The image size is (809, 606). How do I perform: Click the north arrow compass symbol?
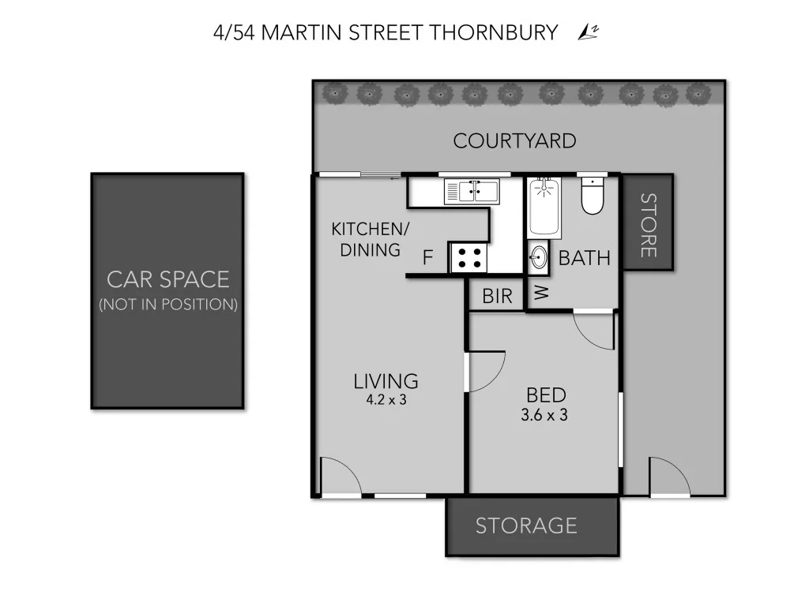(x=586, y=32)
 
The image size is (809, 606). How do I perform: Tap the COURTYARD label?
(x=514, y=141)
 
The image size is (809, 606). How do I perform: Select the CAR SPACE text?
(x=167, y=279)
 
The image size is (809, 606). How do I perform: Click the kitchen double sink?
(x=471, y=191)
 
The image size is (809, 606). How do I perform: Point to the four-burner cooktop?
(x=469, y=257)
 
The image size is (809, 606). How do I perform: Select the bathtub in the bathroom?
(x=544, y=208)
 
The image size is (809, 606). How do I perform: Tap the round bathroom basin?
(x=539, y=258)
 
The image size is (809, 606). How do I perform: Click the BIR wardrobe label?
(x=497, y=297)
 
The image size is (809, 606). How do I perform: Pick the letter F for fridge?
(x=427, y=258)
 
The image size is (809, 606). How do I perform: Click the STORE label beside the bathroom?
(x=647, y=225)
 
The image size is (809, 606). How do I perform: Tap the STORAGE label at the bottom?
(x=525, y=526)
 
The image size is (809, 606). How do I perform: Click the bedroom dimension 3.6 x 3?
(x=544, y=415)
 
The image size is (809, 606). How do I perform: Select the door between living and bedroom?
(x=485, y=371)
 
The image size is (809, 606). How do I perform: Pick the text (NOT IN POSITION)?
(x=167, y=305)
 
